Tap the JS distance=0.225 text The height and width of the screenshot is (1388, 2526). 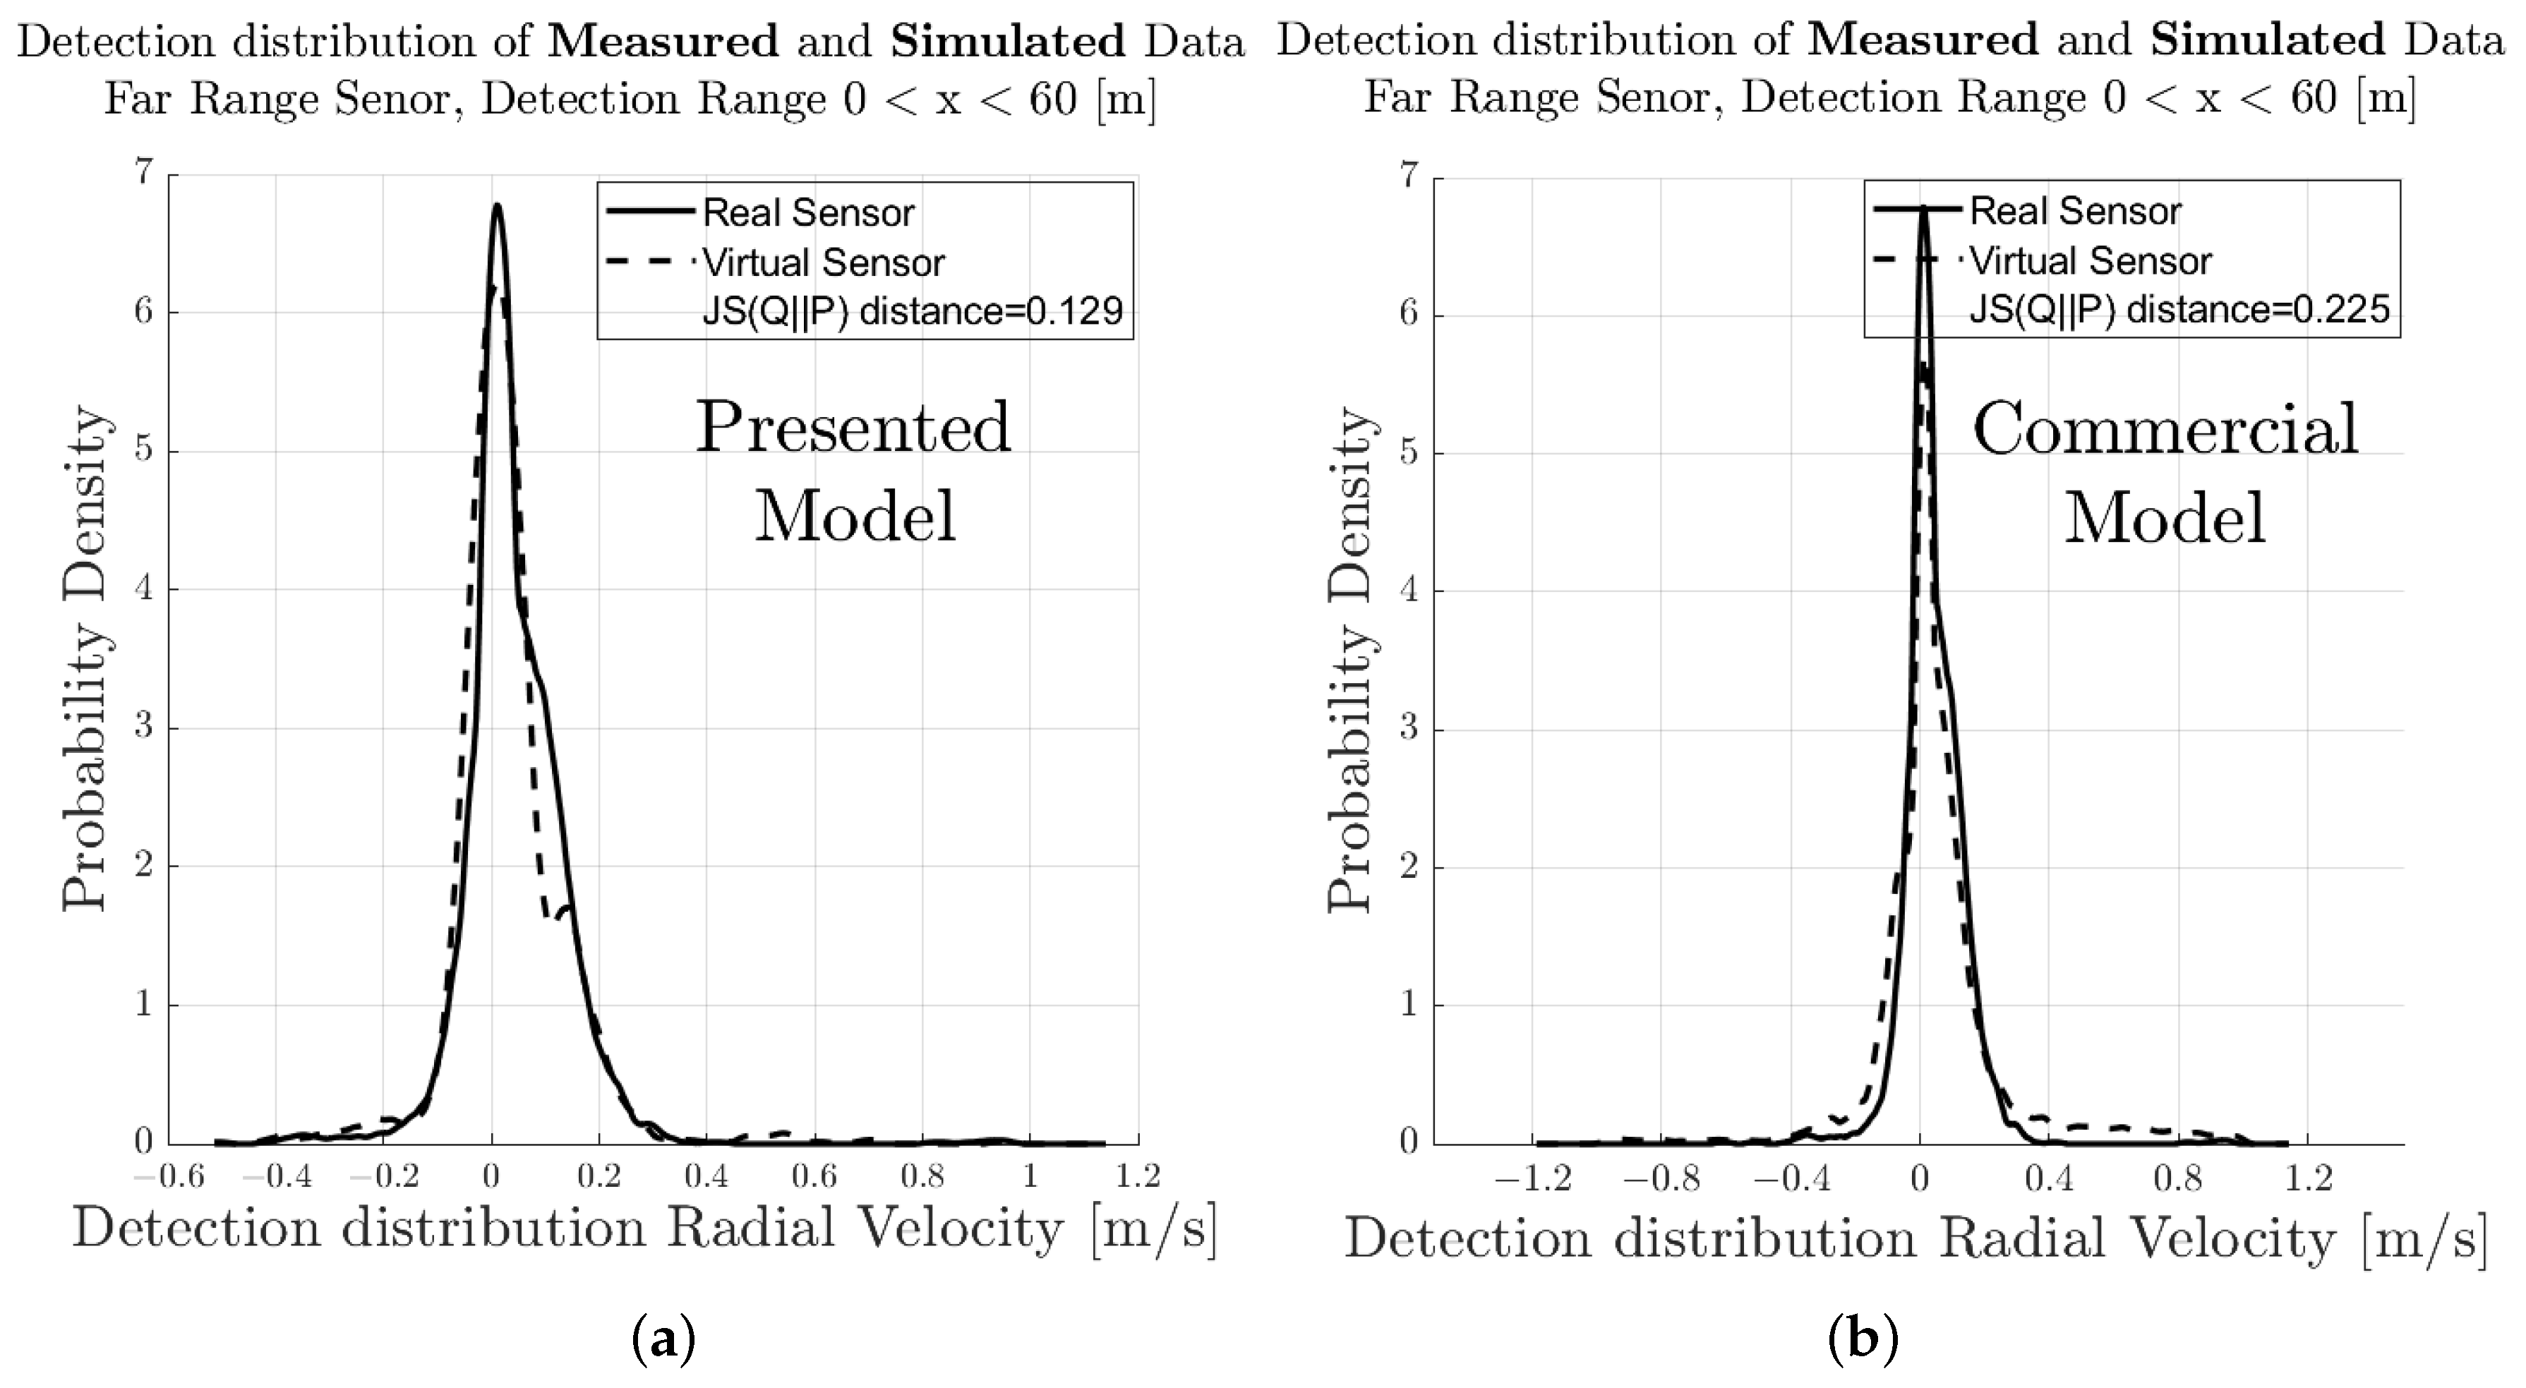pos(2179,310)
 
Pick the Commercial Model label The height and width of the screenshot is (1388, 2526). pos(2165,473)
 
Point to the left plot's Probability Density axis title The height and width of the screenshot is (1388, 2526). pos(84,658)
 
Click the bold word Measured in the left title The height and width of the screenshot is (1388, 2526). pos(663,41)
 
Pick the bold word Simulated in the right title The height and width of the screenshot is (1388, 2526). pos(2267,40)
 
